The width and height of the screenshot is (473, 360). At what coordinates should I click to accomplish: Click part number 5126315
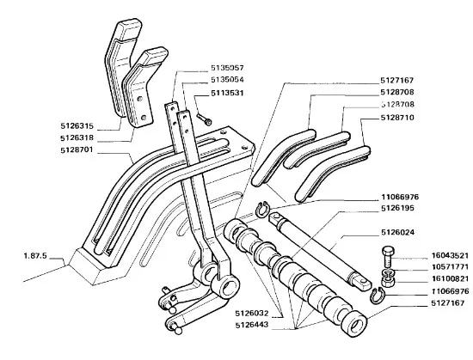tap(77, 126)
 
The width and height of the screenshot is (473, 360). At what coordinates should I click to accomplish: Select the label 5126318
tap(77, 138)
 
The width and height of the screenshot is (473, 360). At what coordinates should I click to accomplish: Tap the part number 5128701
tap(77, 150)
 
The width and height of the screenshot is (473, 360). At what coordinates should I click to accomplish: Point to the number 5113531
tap(227, 93)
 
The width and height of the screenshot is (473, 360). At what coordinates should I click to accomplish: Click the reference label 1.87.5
tap(35, 256)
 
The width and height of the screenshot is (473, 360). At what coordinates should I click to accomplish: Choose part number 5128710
tap(397, 117)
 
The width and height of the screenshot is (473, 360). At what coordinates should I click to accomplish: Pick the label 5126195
tap(397, 208)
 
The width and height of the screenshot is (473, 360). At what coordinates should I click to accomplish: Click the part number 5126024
tap(397, 233)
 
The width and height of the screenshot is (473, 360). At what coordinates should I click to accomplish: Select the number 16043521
tap(450, 256)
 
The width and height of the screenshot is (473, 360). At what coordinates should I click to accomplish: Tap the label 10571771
tap(450, 267)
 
